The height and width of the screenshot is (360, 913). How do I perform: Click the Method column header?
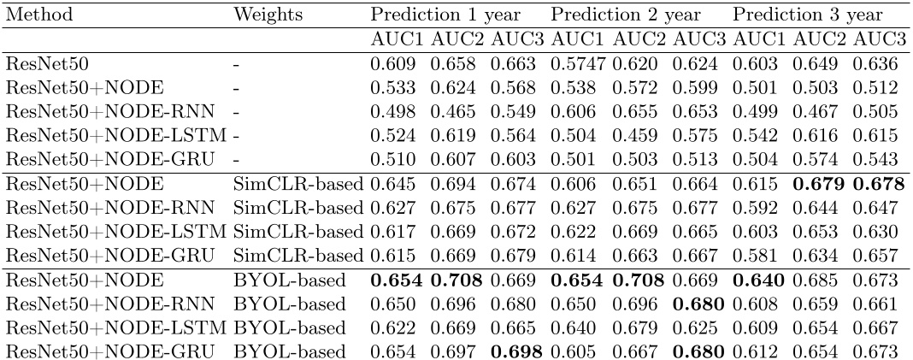(39, 16)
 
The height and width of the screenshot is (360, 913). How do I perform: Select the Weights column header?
(264, 16)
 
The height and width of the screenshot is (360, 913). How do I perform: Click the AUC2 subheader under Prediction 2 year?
(638, 39)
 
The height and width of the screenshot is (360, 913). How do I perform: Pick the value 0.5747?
(577, 64)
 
